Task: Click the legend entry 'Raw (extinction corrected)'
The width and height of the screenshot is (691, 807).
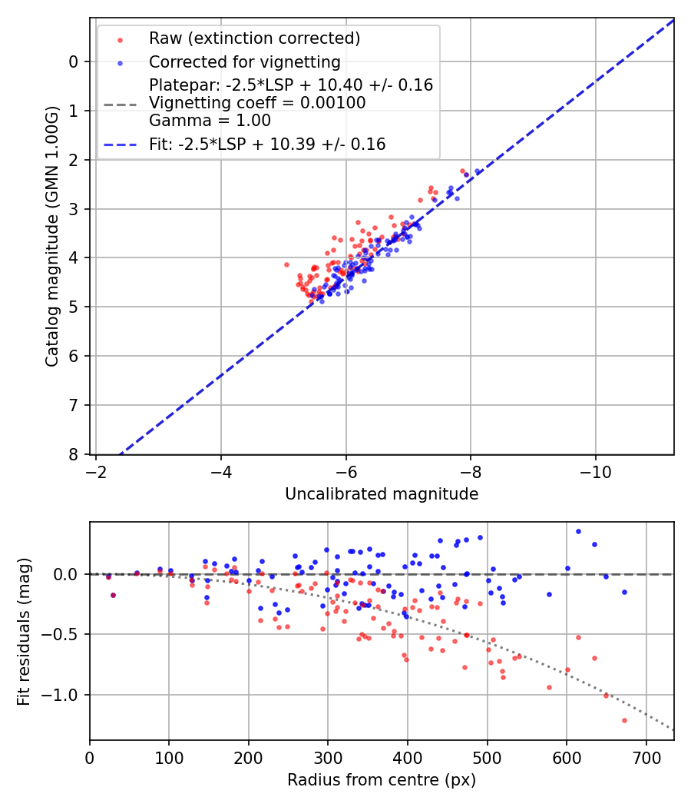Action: click(254, 38)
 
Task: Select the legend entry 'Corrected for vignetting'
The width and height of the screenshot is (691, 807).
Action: click(244, 61)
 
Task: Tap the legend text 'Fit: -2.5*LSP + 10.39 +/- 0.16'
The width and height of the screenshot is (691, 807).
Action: click(267, 144)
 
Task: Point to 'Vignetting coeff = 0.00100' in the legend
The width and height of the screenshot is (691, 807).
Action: click(257, 103)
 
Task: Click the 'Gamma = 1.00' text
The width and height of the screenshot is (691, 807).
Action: click(210, 121)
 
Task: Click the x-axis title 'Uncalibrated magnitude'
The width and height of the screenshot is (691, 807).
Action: click(382, 494)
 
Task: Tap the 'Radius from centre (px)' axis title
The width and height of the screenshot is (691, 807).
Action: click(382, 780)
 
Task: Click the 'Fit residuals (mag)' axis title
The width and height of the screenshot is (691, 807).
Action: click(24, 631)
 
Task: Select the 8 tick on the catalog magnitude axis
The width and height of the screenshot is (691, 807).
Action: click(74, 454)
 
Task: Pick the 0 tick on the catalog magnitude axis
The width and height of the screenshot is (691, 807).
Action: click(74, 61)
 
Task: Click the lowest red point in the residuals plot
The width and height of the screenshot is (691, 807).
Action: click(624, 720)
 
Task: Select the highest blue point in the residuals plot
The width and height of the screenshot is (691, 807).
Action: click(578, 531)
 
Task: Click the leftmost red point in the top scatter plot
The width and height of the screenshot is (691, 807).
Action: click(286, 264)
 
